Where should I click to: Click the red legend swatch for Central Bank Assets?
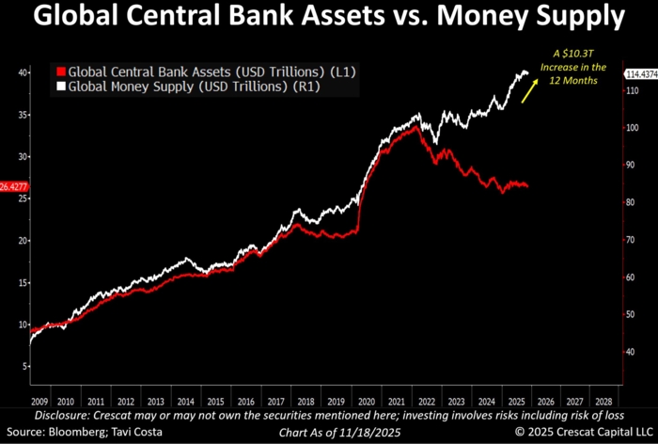(62, 71)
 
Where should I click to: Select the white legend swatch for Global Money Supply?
(62, 87)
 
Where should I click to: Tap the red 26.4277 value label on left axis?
(14, 187)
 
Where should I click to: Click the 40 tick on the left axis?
(20, 72)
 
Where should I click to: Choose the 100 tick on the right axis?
(633, 127)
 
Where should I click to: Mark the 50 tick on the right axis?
(631, 314)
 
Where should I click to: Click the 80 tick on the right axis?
(631, 202)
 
